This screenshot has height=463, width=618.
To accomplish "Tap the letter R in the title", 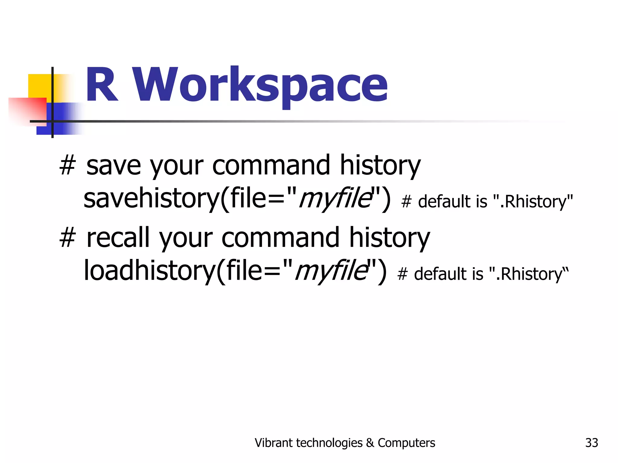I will (x=101, y=85).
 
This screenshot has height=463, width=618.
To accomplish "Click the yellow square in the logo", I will (x=39, y=86).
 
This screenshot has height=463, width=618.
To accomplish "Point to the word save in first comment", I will (x=113, y=166).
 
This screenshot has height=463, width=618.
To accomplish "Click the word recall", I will (x=118, y=238).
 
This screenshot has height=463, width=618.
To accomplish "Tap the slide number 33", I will (x=591, y=443).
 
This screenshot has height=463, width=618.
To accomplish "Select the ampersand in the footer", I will (x=370, y=443).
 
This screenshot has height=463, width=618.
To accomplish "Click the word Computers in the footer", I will (x=406, y=443).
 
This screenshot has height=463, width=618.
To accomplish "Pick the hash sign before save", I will (x=67, y=166).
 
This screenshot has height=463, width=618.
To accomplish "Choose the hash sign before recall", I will (x=67, y=238).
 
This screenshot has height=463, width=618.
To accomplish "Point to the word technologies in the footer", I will (x=329, y=443).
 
